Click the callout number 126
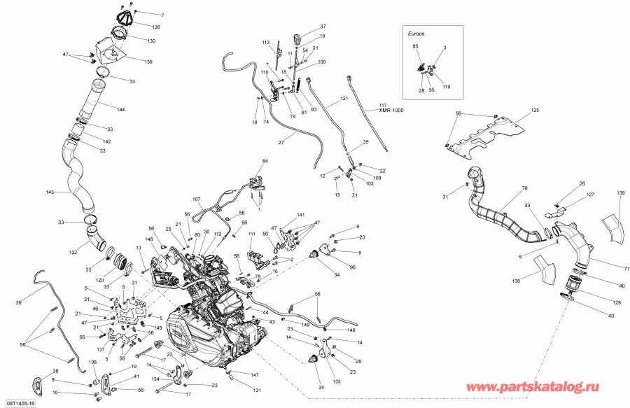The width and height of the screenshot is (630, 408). click(x=156, y=27)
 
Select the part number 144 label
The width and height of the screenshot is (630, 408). click(x=121, y=110)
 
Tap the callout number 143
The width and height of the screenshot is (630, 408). click(x=50, y=192)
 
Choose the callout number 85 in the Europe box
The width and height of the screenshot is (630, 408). click(x=415, y=47)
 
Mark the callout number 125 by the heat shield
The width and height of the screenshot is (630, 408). click(x=535, y=111)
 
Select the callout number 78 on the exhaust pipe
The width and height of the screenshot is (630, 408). click(x=523, y=188)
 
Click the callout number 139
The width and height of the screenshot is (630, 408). click(x=620, y=192)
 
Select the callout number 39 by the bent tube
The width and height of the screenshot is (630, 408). click(x=18, y=303)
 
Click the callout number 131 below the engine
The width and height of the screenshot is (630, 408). click(x=257, y=391)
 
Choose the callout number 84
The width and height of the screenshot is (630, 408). click(x=265, y=162)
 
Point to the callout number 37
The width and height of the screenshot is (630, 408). click(x=323, y=26)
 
